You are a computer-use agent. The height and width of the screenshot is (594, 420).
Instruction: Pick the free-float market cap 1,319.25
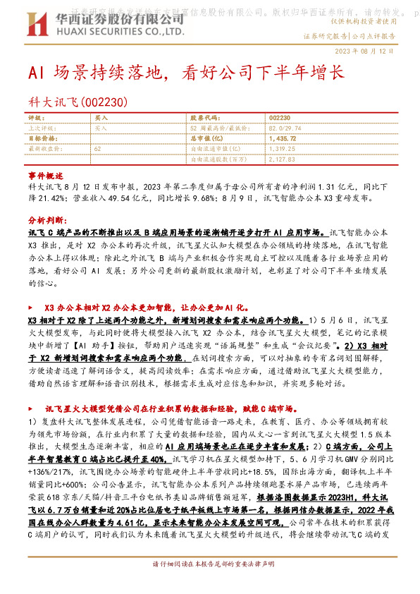click(x=283, y=149)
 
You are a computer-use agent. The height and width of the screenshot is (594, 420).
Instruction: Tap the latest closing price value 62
click(x=97, y=149)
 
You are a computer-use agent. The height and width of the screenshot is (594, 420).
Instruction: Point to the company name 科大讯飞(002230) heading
click(x=78, y=102)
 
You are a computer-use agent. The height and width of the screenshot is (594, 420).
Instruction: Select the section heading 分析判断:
click(x=47, y=219)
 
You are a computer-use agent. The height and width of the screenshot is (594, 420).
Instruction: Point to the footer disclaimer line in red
click(x=210, y=585)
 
